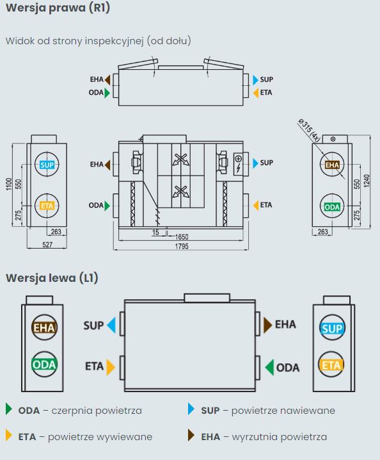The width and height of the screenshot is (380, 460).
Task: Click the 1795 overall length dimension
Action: [x=182, y=246]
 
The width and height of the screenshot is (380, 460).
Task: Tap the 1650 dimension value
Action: [x=182, y=237]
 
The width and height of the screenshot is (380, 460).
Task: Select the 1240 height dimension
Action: [x=367, y=181]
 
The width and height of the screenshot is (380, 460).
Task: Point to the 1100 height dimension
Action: [x=9, y=184]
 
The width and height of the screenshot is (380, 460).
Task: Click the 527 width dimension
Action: [x=47, y=245]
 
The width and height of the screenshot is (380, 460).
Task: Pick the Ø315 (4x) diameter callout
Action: [x=309, y=130]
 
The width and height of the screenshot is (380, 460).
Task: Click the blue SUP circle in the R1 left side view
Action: [x=47, y=165]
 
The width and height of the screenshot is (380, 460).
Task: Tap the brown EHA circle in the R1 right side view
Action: [x=332, y=165]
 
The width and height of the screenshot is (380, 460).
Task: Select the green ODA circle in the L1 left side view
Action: [x=44, y=365]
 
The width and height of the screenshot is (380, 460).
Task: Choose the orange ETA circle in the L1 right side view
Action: [x=331, y=365]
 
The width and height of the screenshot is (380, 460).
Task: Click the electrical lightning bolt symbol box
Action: [x=238, y=164]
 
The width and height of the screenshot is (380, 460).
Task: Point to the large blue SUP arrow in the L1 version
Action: [x=111, y=325]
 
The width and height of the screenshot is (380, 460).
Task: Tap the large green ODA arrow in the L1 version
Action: [x=269, y=367]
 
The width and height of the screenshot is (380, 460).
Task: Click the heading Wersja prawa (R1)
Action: [x=58, y=8]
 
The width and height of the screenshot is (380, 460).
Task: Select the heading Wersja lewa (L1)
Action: [x=52, y=277]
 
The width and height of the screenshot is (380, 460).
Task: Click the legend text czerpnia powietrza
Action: [x=97, y=411]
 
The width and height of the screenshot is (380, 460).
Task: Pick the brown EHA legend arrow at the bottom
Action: [x=191, y=436]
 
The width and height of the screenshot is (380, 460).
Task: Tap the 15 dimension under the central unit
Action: [x=155, y=233]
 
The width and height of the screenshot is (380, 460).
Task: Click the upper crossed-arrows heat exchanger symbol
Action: [x=180, y=160]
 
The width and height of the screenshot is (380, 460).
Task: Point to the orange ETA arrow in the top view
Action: [x=256, y=93]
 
